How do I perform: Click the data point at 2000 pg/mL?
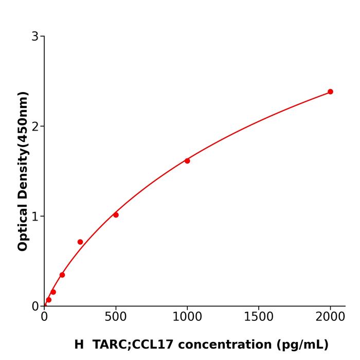point(330,92)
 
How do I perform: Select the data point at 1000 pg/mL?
point(187,161)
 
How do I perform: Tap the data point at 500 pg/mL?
point(116,215)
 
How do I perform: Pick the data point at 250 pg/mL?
point(80,242)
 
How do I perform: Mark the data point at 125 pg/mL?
point(62,275)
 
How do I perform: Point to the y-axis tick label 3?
point(35,37)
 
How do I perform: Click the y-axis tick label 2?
point(35,127)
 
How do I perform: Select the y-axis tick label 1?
point(35,217)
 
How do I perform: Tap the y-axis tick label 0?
point(35,307)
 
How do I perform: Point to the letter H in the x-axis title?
point(79,345)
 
